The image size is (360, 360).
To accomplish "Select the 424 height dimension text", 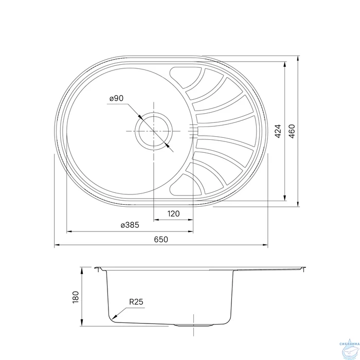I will (x=278, y=132).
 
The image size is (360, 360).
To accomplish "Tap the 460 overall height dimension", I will (x=292, y=132).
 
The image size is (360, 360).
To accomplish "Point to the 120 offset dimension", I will (x=173, y=213).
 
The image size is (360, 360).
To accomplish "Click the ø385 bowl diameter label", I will (x=130, y=225).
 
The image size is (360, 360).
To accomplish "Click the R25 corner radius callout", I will (x=136, y=302).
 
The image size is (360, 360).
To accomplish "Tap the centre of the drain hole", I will (x=153, y=132).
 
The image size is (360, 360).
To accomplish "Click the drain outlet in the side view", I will (x=194, y=325).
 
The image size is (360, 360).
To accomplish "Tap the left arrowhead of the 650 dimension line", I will (x=56, y=245).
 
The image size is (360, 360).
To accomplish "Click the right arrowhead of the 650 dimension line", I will (x=266, y=245).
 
